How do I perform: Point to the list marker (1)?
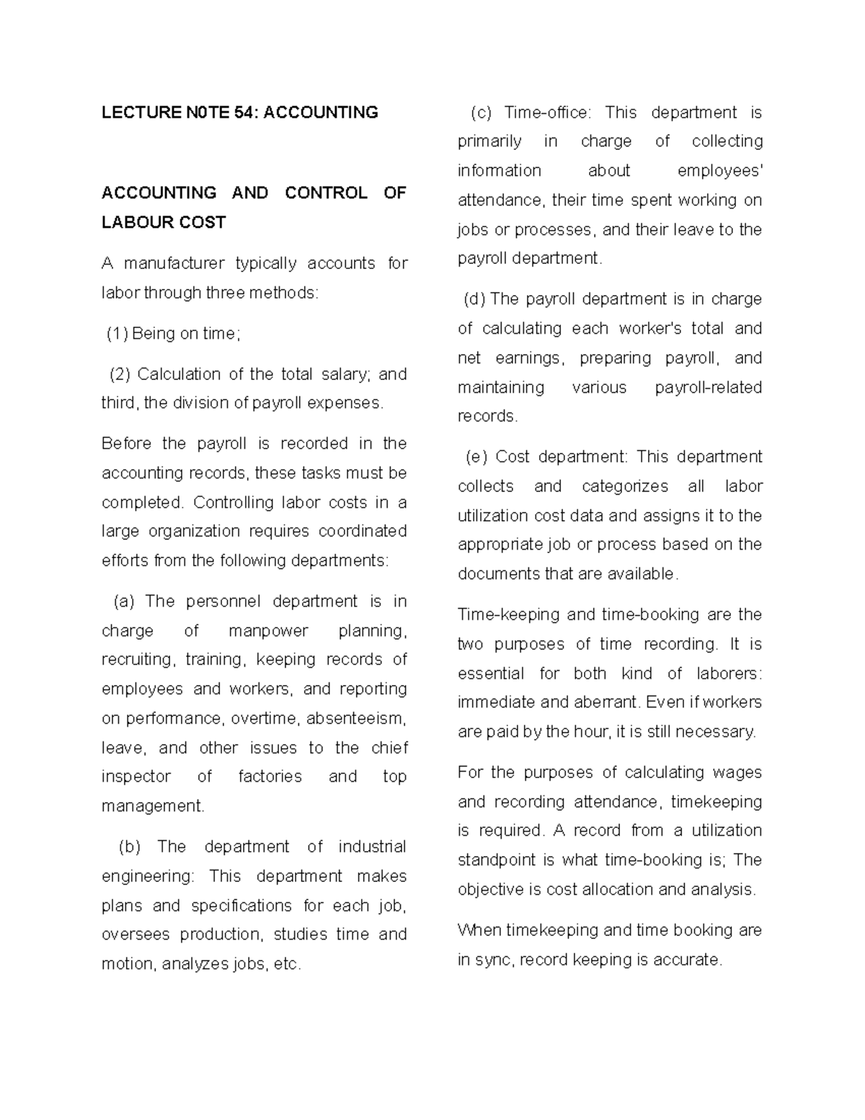pos(117,333)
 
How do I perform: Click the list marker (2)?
pos(120,374)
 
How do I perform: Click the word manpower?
pos(268,631)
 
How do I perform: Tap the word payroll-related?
pos(708,387)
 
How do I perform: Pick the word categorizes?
pos(626,486)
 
